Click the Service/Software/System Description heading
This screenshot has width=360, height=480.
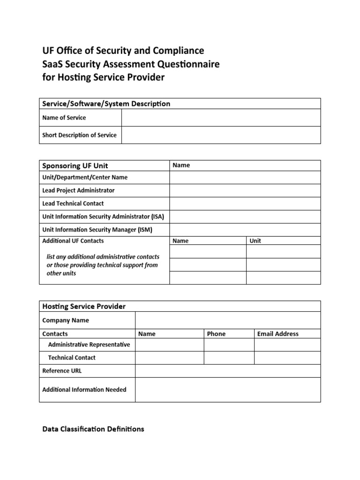(x=106, y=104)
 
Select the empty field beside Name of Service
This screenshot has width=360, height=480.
(x=221, y=118)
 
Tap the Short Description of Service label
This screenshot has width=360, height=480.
(x=79, y=135)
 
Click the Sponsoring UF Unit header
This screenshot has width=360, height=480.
(x=75, y=165)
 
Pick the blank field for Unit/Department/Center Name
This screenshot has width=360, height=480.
(x=245, y=178)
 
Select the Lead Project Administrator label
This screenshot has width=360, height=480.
(x=78, y=190)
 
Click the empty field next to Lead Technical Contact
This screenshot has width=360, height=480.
(x=245, y=203)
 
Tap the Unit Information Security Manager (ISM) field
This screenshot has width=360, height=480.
(x=245, y=230)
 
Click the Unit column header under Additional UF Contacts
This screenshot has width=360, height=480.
(x=255, y=241)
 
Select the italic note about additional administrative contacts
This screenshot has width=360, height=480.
(x=103, y=265)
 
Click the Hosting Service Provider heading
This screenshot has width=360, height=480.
(x=84, y=306)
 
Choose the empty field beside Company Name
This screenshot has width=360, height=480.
(x=228, y=321)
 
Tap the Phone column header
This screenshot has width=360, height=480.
(x=216, y=334)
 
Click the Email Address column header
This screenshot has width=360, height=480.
(x=278, y=334)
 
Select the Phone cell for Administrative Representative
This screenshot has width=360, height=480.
(x=229, y=345)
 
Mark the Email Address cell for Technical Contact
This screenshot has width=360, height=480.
(x=287, y=358)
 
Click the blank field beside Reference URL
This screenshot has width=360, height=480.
(x=228, y=371)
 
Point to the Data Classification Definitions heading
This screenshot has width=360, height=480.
(x=93, y=429)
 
